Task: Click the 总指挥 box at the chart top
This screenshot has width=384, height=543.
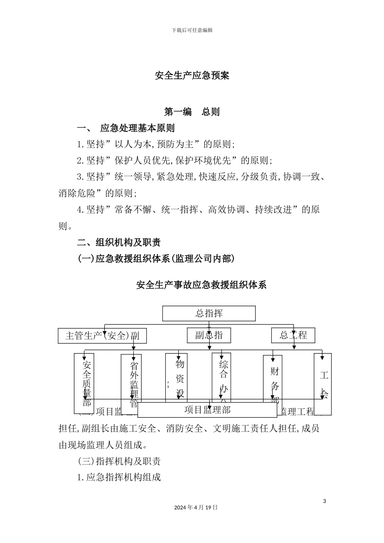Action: [x=209, y=314]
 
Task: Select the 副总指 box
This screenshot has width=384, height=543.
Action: [x=209, y=335]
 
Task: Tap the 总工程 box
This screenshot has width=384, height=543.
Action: [x=293, y=335]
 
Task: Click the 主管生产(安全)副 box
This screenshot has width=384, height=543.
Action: [x=102, y=336]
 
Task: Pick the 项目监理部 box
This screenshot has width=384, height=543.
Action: [x=207, y=410]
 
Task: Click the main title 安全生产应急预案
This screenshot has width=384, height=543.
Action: [x=192, y=76]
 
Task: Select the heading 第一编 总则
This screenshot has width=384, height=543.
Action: [x=192, y=112]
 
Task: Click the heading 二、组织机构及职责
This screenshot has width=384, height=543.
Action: [x=119, y=242]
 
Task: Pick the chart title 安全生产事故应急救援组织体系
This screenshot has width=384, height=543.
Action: [x=201, y=285]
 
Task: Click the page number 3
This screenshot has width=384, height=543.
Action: [x=325, y=501]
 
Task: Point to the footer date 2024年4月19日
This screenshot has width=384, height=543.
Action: [x=196, y=507]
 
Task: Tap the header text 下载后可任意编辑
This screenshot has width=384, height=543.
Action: [x=192, y=30]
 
